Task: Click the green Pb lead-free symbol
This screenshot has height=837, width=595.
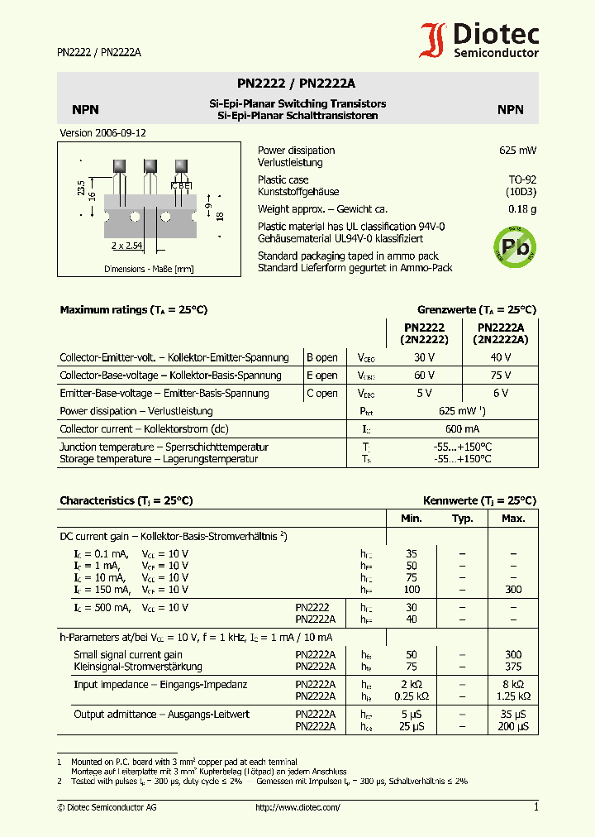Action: (x=514, y=243)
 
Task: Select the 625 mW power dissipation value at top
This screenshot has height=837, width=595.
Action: (x=518, y=151)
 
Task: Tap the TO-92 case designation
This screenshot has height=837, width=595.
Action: (x=522, y=179)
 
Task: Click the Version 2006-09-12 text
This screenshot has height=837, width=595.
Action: (x=98, y=132)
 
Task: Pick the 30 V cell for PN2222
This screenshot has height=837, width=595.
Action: (x=424, y=357)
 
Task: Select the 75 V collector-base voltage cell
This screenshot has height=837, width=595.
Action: (x=500, y=375)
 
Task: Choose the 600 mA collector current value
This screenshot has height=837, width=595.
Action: (x=462, y=429)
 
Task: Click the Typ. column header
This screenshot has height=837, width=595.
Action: (x=462, y=519)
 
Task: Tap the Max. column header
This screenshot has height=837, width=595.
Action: (x=513, y=519)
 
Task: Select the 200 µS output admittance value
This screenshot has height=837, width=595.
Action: (x=513, y=726)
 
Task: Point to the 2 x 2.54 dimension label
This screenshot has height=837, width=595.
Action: (x=126, y=246)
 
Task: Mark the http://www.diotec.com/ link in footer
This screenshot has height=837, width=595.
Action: (x=297, y=807)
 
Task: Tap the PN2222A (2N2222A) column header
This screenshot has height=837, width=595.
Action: (x=500, y=333)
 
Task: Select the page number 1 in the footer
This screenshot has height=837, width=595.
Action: (x=535, y=807)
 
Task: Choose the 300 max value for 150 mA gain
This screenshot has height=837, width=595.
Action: (x=513, y=590)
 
